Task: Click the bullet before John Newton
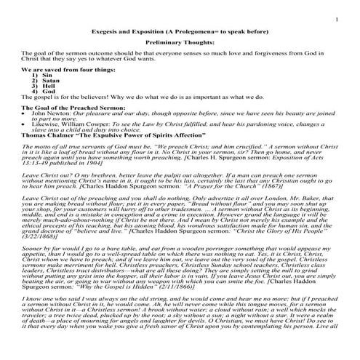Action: coord(25,113)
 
